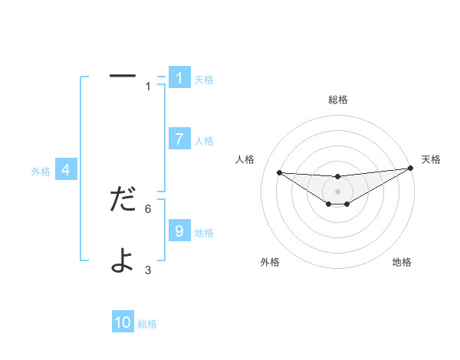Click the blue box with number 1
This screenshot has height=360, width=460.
pyautogui.click(x=179, y=77)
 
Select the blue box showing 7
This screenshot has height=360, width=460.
pyautogui.click(x=179, y=139)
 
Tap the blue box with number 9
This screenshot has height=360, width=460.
pyautogui.click(x=179, y=230)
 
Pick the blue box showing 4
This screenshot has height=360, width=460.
pyautogui.click(x=66, y=170)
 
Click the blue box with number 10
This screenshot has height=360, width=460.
pyautogui.click(x=123, y=322)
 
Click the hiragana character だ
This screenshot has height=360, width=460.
pyautogui.click(x=123, y=199)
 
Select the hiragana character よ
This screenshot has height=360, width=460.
pyautogui.click(x=123, y=260)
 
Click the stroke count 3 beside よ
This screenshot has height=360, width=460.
pyautogui.click(x=148, y=270)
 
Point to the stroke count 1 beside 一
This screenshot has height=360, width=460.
pyautogui.click(x=148, y=86)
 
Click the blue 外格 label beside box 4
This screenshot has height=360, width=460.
pyautogui.click(x=41, y=172)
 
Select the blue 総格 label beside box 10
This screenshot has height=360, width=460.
pyautogui.click(x=147, y=324)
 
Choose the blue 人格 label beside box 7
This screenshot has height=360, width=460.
pyautogui.click(x=204, y=141)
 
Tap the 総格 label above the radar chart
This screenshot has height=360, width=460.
pyautogui.click(x=337, y=100)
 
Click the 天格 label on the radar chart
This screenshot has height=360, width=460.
pyautogui.click(x=431, y=159)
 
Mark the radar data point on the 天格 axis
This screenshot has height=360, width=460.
pyautogui.click(x=410, y=169)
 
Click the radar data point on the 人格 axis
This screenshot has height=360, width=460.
pyautogui.click(x=279, y=172)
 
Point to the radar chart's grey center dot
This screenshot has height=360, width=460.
pyautogui.click(x=337, y=191)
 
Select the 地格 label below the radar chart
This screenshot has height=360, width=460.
pyautogui.click(x=402, y=262)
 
